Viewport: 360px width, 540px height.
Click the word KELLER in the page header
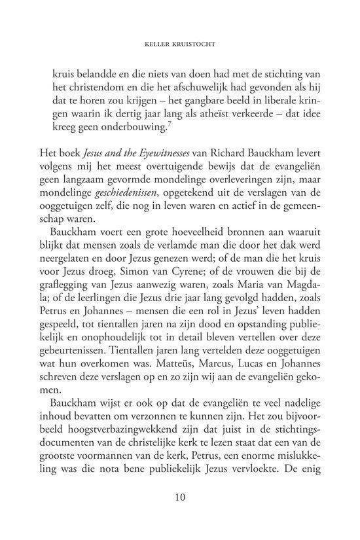[x=160, y=47]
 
